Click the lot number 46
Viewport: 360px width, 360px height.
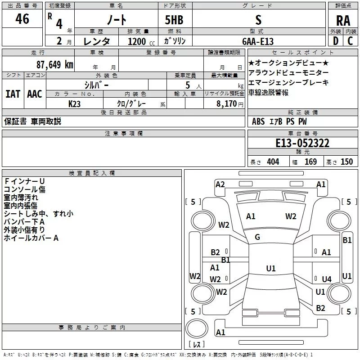click(x=22, y=19)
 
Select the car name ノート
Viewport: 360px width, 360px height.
click(x=116, y=19)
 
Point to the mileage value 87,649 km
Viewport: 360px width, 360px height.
click(x=54, y=64)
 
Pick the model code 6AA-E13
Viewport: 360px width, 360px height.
click(x=258, y=41)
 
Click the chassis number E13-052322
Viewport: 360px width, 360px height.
click(x=302, y=144)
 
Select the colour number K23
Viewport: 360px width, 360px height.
click(x=75, y=103)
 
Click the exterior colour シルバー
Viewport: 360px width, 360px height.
click(x=96, y=84)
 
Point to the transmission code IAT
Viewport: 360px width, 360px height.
click(x=13, y=94)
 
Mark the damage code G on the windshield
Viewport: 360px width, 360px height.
click(x=257, y=237)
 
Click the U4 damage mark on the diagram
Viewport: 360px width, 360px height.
click(x=326, y=279)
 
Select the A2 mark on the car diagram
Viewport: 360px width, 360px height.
click(x=220, y=184)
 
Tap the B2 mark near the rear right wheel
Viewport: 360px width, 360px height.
click(x=320, y=308)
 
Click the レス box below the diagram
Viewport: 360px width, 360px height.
click(x=196, y=345)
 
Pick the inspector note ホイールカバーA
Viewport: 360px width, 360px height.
click(x=31, y=238)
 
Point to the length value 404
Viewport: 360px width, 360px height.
click(x=273, y=162)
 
